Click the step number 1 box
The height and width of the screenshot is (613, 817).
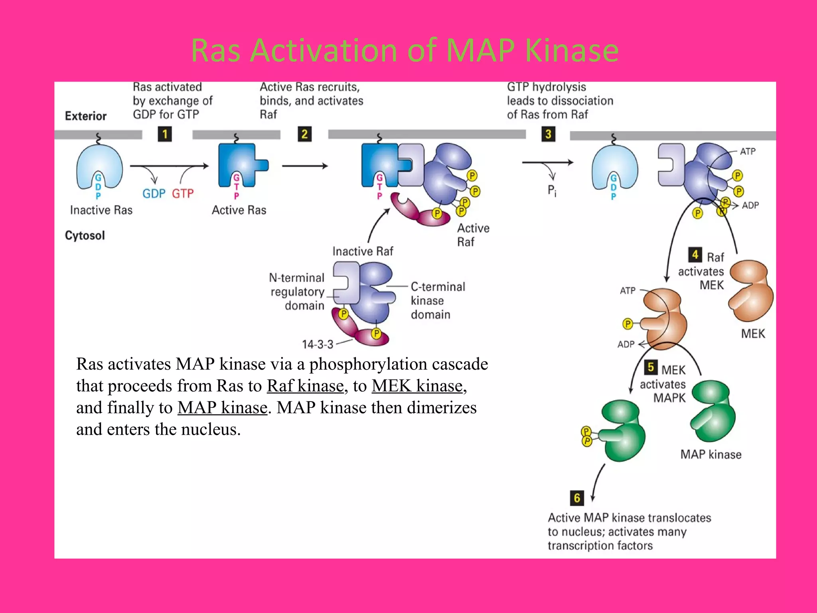click(165, 134)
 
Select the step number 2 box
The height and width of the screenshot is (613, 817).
click(304, 134)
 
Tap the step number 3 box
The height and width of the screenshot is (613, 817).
click(548, 134)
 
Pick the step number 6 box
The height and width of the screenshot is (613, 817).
click(576, 498)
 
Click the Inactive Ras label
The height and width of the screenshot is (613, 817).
click(101, 210)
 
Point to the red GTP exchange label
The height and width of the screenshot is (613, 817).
click(183, 194)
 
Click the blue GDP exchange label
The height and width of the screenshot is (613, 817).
click(154, 194)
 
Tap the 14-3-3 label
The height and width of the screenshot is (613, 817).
click(318, 344)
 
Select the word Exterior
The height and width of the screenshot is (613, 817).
click(86, 116)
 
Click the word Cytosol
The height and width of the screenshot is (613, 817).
click(85, 235)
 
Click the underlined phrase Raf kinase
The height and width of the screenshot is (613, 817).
click(305, 386)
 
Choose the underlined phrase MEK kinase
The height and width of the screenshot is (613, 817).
click(417, 386)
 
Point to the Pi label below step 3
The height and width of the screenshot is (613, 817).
click(552, 190)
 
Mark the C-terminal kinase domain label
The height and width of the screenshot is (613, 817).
click(437, 301)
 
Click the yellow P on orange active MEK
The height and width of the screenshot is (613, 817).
click(628, 324)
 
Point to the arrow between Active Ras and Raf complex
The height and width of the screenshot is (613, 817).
click(305, 166)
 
